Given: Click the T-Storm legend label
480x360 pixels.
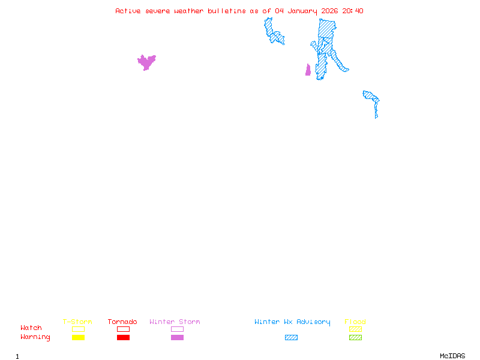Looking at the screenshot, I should coord(77,322).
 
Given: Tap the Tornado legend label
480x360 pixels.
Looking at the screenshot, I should coord(122,322).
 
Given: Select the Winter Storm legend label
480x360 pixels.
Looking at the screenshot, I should coord(175,322).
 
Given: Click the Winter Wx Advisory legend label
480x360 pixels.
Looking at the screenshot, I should coord(292,322).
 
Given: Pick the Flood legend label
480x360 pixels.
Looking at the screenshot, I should coord(355,322).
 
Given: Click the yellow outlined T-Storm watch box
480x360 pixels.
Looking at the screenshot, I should coord(78,329).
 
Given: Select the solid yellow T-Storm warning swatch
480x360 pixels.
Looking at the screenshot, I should coord(78,338).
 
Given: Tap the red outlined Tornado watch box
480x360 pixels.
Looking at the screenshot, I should coord(123,329).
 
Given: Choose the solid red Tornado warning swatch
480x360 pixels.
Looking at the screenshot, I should coord(123,338).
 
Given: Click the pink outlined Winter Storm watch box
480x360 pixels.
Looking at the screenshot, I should coord(177,329).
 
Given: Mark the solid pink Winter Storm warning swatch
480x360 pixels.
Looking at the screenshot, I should coord(177,338).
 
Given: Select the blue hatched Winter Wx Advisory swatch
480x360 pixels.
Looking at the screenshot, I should coord(291,338).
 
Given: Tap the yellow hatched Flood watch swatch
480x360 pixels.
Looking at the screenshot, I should coord(355,329).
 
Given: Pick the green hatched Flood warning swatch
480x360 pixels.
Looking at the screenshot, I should coord(355,338).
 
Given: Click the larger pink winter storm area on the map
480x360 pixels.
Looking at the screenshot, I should coord(146,61).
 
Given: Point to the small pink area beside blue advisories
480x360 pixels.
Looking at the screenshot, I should coord(308,71).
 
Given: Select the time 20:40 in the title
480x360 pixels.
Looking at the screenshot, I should coord(353,11).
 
